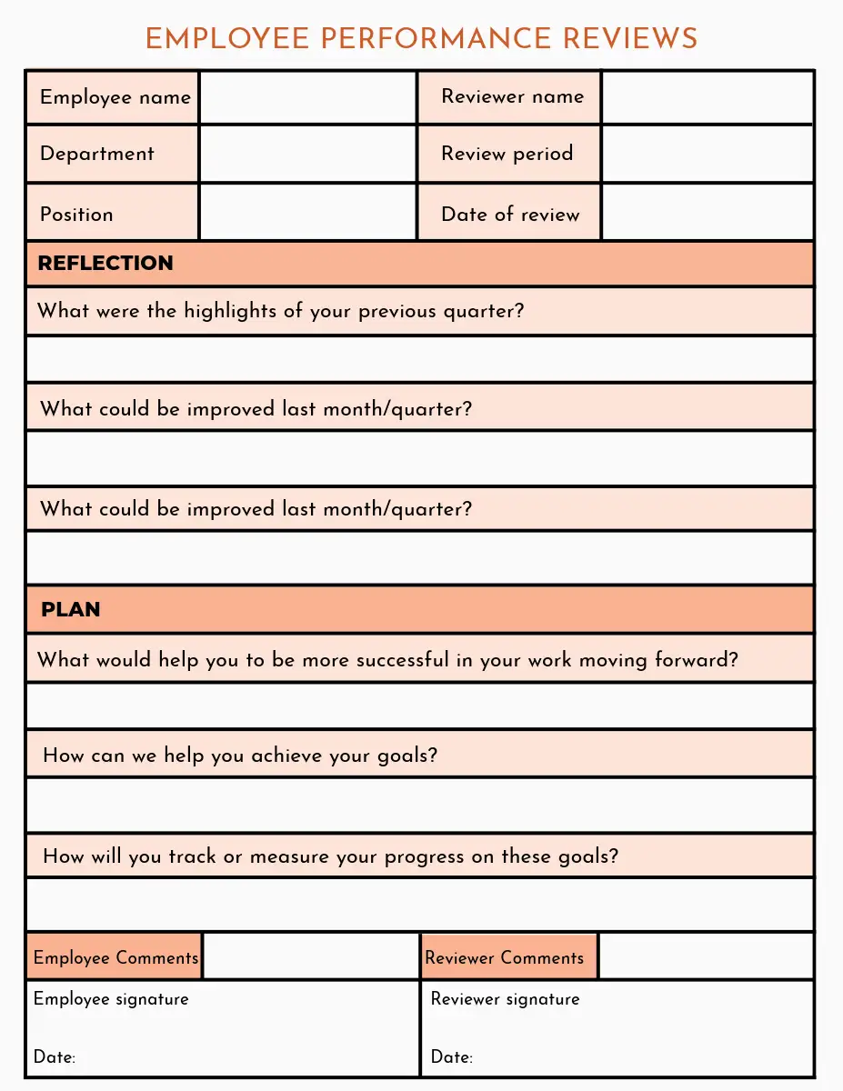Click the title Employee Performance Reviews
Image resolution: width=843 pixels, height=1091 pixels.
click(x=421, y=39)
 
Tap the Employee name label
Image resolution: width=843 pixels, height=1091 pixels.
click(x=115, y=97)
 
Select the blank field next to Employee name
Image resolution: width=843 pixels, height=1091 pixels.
click(x=307, y=97)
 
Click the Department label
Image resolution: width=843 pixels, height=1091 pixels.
click(x=97, y=154)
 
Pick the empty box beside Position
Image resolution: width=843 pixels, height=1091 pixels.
click(x=307, y=214)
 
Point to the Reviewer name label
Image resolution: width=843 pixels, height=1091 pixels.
click(x=512, y=96)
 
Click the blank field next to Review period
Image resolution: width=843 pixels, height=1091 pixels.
click(x=707, y=154)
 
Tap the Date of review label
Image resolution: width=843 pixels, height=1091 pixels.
click(x=510, y=215)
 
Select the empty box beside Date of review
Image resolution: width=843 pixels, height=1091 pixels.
click(x=707, y=214)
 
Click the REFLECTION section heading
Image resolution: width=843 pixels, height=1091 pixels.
click(x=105, y=264)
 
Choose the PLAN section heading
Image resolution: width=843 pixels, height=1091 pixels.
click(x=71, y=609)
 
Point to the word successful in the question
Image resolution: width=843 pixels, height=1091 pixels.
click(x=402, y=659)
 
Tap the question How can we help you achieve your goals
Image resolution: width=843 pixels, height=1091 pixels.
click(x=240, y=756)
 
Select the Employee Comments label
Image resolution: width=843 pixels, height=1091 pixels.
click(x=115, y=957)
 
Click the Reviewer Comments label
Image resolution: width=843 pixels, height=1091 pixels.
click(x=505, y=957)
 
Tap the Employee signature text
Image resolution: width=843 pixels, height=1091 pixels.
click(x=111, y=999)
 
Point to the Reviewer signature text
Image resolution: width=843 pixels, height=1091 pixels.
click(x=505, y=999)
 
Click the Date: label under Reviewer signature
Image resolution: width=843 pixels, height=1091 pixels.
click(x=452, y=1057)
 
